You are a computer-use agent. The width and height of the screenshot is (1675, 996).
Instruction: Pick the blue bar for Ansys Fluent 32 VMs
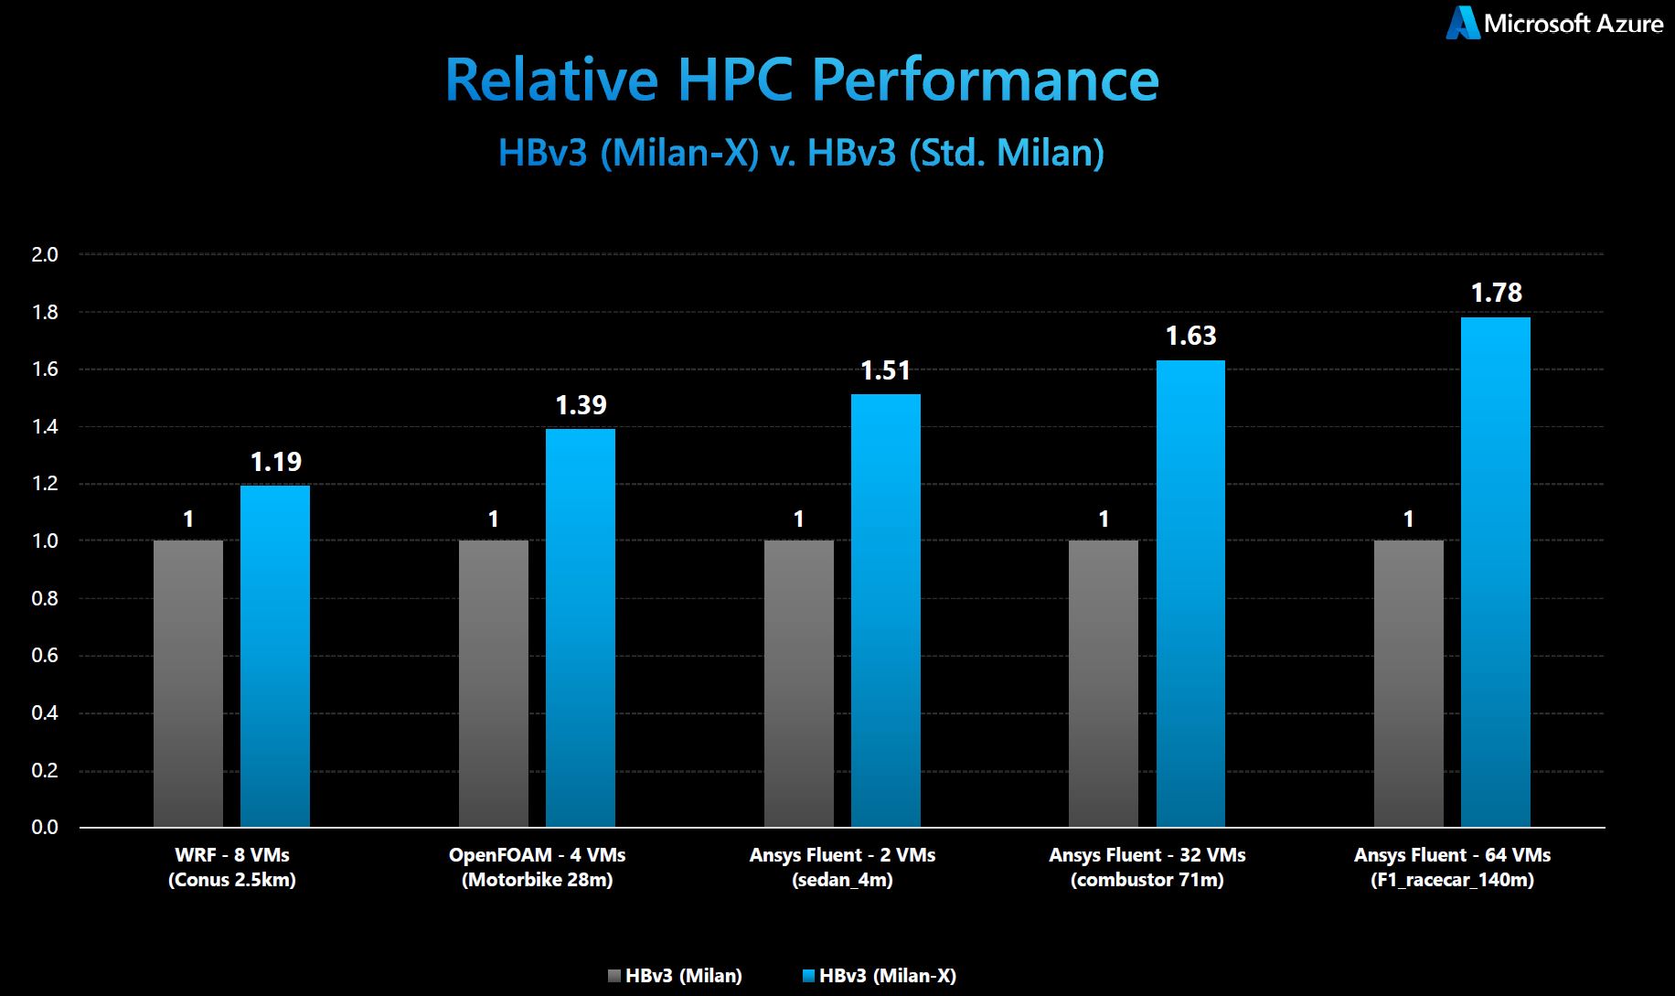coord(1190,594)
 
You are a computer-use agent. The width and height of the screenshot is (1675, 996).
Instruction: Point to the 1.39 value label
coord(581,405)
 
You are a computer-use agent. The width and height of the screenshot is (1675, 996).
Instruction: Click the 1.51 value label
coord(886,370)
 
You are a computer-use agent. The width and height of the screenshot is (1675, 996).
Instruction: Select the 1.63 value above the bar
coord(1190,336)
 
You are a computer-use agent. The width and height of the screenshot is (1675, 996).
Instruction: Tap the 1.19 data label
coord(275,462)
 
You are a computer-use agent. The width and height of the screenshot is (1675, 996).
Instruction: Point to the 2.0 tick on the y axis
coord(45,254)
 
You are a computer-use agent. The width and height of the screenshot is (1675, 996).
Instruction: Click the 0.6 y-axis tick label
coord(45,656)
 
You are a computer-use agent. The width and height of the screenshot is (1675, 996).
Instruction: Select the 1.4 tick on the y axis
coord(45,427)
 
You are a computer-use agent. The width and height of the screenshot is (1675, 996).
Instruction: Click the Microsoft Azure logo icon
coord(1462,23)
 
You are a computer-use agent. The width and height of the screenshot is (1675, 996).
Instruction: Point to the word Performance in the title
coord(986,80)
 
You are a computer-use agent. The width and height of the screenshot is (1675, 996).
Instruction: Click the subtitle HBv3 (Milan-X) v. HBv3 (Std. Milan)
coord(801,153)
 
